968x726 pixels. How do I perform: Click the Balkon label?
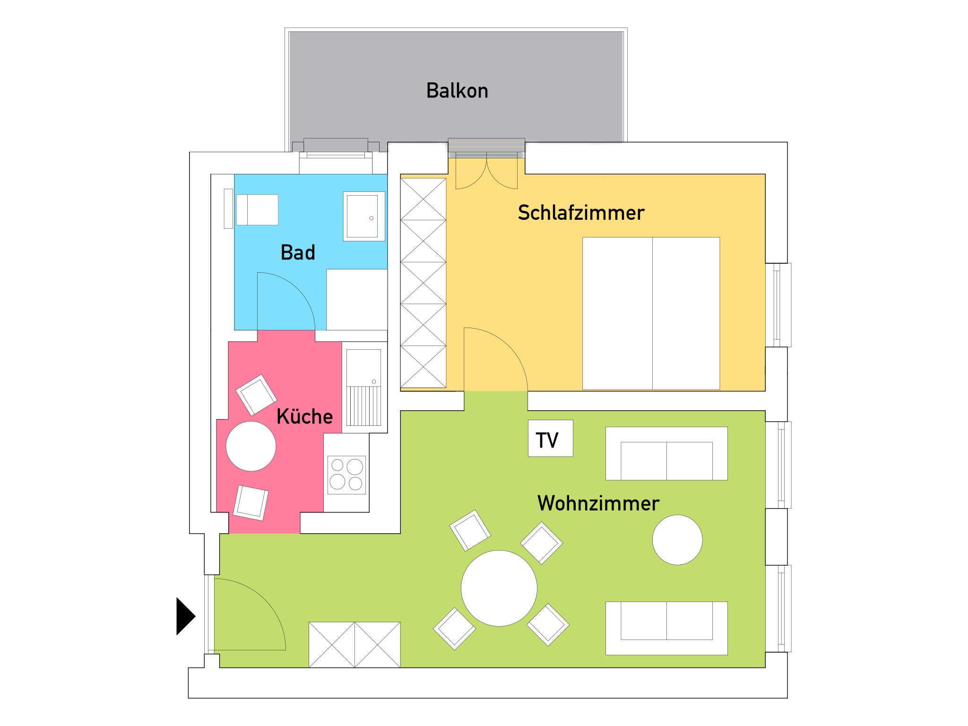pos(457,90)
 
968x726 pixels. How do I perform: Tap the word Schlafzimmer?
pos(581,213)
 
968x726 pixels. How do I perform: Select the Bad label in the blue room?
pos(298,252)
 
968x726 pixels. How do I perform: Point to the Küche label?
pos(304,416)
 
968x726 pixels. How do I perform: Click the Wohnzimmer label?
pos(598,503)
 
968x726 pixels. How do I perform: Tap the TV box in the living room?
pos(550,438)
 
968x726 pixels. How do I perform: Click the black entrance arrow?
pos(186,616)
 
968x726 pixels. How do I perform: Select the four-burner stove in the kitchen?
pos(346,475)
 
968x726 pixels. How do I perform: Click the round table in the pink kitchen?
pos(251,446)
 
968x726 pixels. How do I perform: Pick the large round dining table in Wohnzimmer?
pos(499,588)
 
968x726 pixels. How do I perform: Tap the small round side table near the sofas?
pos(677,540)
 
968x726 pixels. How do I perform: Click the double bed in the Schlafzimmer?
pos(651,313)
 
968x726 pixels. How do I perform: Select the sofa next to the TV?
pos(666,454)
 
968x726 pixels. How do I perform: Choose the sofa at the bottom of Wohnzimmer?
pos(666,628)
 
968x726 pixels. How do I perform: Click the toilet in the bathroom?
pos(257,209)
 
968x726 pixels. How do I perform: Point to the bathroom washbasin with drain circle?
pos(364,216)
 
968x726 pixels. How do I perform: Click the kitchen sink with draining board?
pos(364,388)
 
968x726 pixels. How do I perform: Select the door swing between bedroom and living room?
pos(496,359)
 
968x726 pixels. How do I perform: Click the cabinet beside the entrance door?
pos(354,644)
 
